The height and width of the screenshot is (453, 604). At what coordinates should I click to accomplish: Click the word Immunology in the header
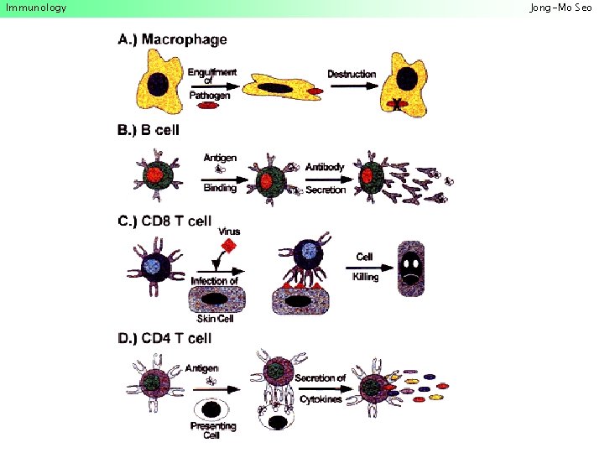pyautogui.click(x=35, y=8)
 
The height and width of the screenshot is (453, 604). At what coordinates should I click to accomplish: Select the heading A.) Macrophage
pyautogui.click(x=172, y=39)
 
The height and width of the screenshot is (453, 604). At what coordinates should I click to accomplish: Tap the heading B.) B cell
pyautogui.click(x=149, y=130)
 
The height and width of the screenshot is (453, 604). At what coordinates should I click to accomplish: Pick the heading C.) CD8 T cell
pyautogui.click(x=164, y=221)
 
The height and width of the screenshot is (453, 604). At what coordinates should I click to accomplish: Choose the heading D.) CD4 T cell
pyautogui.click(x=164, y=338)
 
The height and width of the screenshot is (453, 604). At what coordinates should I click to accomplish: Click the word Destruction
pyautogui.click(x=351, y=74)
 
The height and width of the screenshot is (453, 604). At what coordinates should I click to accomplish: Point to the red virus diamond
pyautogui.click(x=227, y=245)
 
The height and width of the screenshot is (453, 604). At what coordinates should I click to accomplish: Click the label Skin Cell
pyautogui.click(x=216, y=319)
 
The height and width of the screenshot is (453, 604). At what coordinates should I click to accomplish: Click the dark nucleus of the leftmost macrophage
pyautogui.click(x=158, y=85)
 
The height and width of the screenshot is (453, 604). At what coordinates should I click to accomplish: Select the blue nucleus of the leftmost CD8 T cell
pyautogui.click(x=153, y=267)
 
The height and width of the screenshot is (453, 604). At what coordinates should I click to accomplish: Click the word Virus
pyautogui.click(x=228, y=231)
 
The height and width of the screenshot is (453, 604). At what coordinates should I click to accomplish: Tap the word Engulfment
pyautogui.click(x=212, y=72)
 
